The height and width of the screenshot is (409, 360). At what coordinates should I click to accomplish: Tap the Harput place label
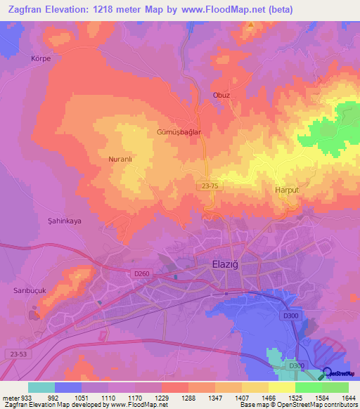287,190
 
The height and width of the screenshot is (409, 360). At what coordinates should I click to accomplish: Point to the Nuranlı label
120,160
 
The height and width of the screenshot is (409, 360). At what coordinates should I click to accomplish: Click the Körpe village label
41,58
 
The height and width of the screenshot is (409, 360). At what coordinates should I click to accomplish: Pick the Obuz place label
221,95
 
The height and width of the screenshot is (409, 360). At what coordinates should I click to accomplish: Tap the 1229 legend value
160,398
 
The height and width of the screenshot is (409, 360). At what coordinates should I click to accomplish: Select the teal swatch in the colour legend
41,387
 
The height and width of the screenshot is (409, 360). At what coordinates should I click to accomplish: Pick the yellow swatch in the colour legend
282,387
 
